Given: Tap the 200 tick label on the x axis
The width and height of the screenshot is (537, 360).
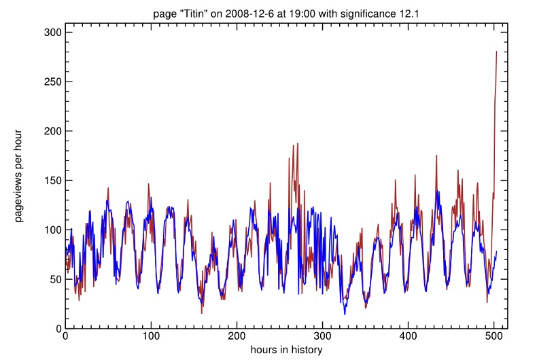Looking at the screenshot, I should [x=237, y=337].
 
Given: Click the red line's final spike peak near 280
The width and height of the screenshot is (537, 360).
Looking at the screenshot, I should [x=497, y=52].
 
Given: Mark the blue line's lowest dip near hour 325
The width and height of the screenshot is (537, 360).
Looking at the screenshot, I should [x=345, y=314].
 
